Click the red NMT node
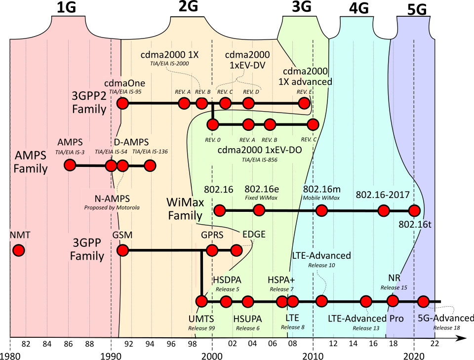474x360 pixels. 19,250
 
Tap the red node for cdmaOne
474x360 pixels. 122,103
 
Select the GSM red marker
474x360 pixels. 122,250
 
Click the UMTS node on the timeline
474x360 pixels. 201,301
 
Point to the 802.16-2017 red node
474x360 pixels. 383,211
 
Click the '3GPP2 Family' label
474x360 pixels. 89,102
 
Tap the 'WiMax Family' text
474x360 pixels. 185,209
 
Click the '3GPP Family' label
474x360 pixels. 87,249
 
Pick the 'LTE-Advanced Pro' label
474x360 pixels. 366,319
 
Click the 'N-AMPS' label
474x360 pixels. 112,199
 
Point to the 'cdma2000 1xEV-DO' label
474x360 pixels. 260,150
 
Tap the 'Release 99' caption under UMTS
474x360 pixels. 201,328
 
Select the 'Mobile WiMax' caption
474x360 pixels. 321,198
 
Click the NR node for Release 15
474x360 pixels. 393,300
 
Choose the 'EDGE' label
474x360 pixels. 254,235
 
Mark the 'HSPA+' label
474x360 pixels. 281,280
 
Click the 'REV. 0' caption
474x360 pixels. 213,140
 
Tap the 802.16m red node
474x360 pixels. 321,211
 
